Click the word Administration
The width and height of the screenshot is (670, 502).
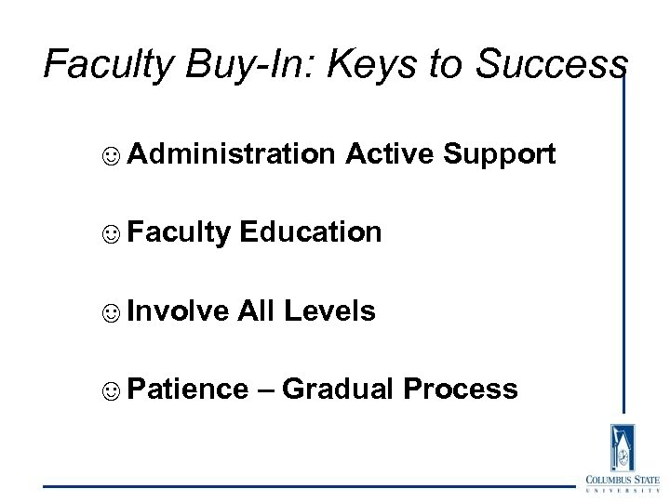(x=232, y=154)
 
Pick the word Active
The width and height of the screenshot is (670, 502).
(x=390, y=154)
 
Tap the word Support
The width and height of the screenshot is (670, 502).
(x=500, y=155)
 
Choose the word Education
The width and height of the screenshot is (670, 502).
(x=310, y=232)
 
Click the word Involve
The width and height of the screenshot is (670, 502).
(x=178, y=310)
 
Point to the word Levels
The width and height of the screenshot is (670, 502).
(x=329, y=310)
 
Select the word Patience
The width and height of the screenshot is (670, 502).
(x=188, y=389)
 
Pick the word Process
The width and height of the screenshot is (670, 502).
(x=461, y=389)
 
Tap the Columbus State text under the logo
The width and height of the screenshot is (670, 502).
(x=623, y=480)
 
